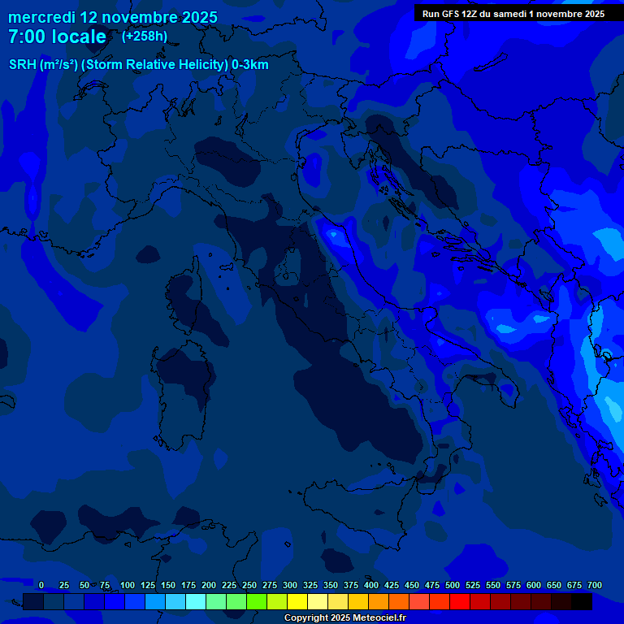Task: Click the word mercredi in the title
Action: point(41,17)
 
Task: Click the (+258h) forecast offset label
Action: point(145,36)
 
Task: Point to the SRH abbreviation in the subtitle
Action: point(23,65)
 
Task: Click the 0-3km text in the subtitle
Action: point(250,65)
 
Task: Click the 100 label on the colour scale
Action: point(128,585)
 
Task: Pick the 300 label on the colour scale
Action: point(290,585)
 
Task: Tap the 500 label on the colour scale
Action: point(453,585)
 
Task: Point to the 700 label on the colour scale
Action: point(595,585)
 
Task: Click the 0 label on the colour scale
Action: point(41,585)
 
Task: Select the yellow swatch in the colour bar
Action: point(297,602)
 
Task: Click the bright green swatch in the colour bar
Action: point(257,602)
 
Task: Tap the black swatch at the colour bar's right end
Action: point(582,602)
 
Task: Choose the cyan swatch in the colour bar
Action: point(196,602)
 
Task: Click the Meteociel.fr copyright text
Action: point(344,618)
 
